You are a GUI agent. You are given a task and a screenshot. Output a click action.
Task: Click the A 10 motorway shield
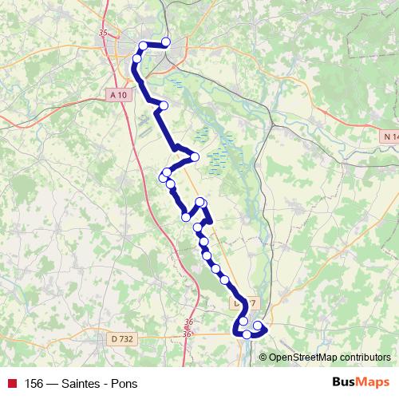tap(119, 95)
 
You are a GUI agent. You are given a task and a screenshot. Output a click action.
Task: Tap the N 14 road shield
tap(389, 137)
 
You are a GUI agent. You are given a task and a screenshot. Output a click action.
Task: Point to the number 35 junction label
tap(102, 33)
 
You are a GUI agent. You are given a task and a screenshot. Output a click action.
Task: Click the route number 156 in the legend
tap(34, 382)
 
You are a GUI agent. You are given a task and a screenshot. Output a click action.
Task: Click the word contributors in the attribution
tap(365, 358)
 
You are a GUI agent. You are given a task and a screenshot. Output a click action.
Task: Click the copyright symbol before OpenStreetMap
tap(263, 358)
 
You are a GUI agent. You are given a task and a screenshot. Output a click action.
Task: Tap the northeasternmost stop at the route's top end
tap(166, 41)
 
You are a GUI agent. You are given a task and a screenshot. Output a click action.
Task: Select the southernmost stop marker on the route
tap(247, 335)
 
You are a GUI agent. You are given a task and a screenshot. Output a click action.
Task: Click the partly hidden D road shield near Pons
tap(248, 304)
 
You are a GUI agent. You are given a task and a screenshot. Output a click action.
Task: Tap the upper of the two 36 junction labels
tap(188, 322)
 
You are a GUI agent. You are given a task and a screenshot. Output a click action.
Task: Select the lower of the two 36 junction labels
tap(188, 334)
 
